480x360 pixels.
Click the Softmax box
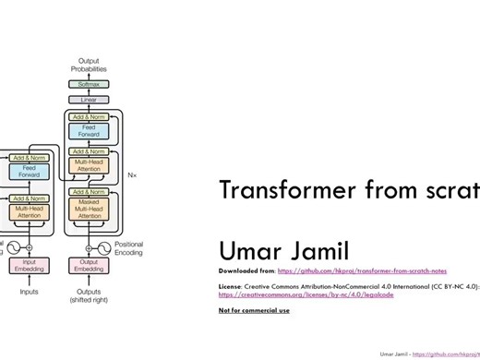point(89,84)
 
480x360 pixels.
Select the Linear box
point(89,100)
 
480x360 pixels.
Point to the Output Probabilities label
point(89,65)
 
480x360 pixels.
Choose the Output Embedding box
point(89,266)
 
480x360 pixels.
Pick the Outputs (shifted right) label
point(89,296)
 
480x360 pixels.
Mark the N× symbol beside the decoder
point(131,174)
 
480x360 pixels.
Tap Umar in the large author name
point(249,250)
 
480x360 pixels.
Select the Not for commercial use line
point(254,310)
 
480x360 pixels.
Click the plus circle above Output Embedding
point(89,247)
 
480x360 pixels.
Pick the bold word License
point(230,287)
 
